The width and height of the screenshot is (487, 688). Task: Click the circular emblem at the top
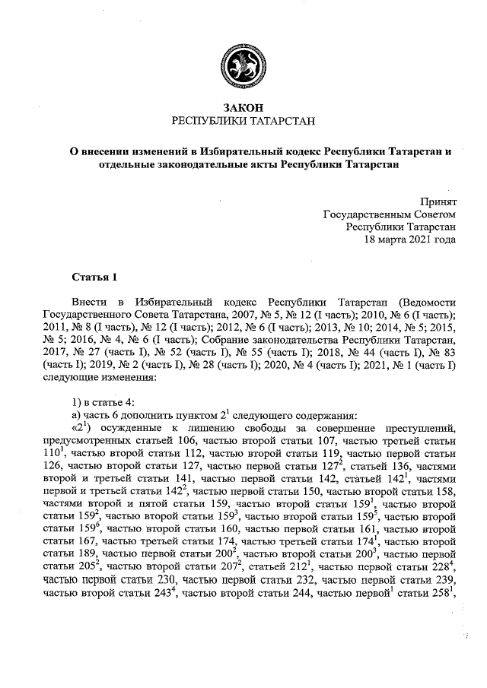tap(243, 65)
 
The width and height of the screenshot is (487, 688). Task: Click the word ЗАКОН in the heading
tap(243, 109)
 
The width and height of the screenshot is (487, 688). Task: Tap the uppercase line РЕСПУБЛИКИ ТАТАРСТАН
tap(243, 122)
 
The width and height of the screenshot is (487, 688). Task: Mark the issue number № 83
tap(441, 352)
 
